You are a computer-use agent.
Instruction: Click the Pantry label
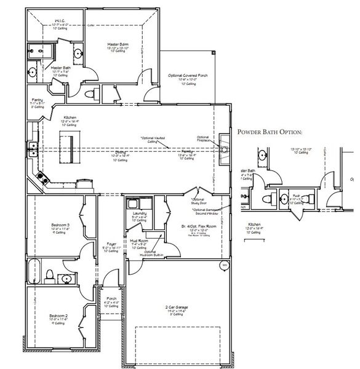point(38,100)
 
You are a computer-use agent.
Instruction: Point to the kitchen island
point(67,151)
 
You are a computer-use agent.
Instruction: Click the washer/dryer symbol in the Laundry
point(132,203)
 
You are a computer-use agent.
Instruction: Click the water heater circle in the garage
point(225,265)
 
